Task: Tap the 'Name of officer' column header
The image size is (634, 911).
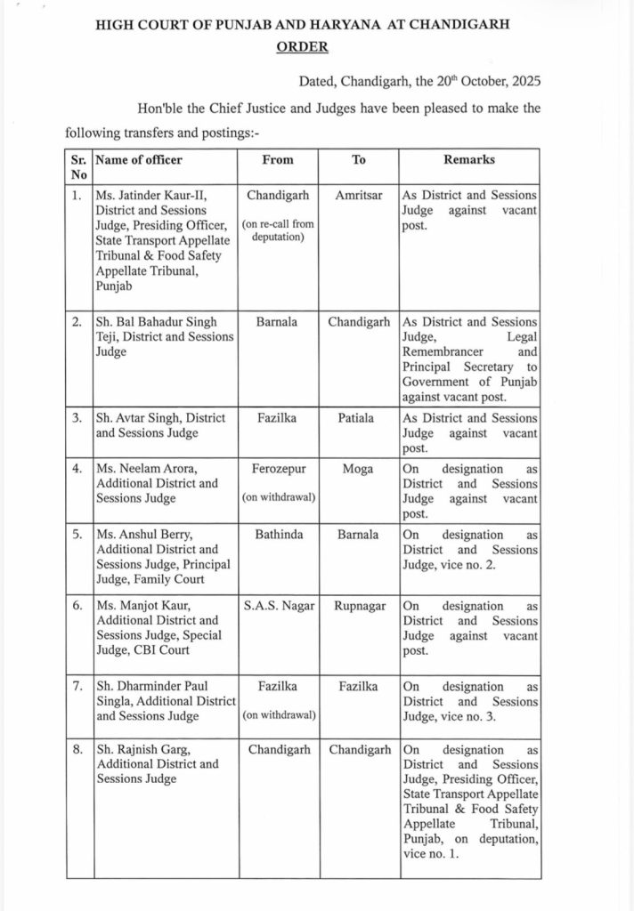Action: pos(139,159)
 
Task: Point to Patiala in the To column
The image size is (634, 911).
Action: pos(359,418)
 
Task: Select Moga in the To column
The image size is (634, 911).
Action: pos(359,468)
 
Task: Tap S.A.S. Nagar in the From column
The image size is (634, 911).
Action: pos(278,604)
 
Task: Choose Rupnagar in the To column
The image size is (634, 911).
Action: pos(359,604)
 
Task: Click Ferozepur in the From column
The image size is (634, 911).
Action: pos(278,468)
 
